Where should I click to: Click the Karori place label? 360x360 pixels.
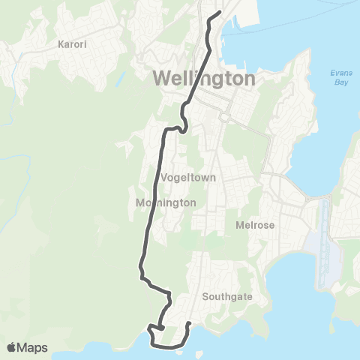(72, 44)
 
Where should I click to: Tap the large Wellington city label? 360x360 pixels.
(204, 78)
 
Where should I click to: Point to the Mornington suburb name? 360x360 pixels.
(166, 202)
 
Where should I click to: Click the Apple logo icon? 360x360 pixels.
(12, 347)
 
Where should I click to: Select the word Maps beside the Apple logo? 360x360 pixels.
(33, 347)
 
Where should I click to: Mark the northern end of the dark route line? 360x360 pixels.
(218, 13)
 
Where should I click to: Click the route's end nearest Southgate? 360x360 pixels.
(189, 324)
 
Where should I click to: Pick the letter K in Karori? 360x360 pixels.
(61, 44)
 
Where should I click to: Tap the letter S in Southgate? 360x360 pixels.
(205, 296)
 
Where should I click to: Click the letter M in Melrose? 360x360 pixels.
(238, 223)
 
